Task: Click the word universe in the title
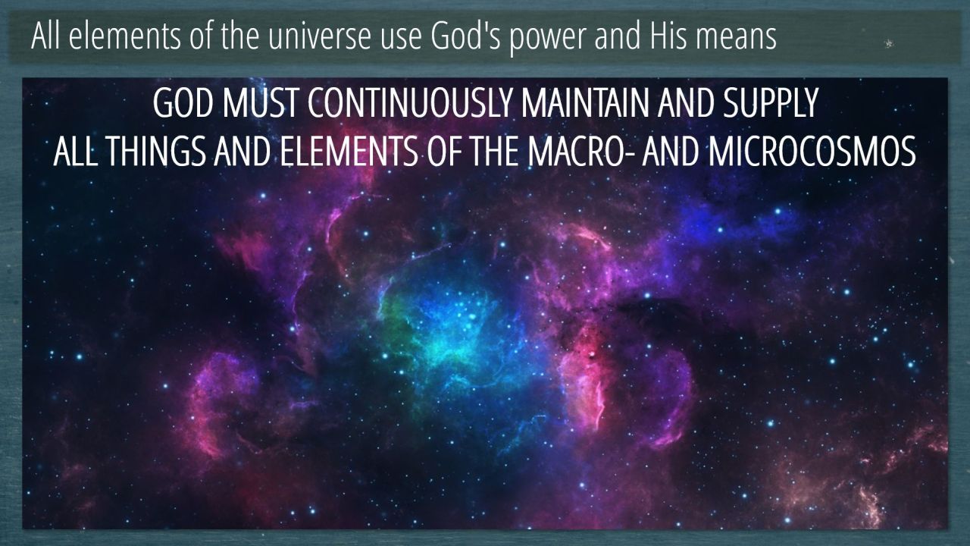pyautogui.click(x=320, y=36)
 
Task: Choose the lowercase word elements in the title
pyautogui.click(x=125, y=36)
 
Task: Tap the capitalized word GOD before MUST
pyautogui.click(x=183, y=103)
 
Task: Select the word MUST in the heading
pyautogui.click(x=260, y=103)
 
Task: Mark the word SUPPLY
pyautogui.click(x=770, y=103)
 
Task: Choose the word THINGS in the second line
pyautogui.click(x=155, y=152)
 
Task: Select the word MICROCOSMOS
pyautogui.click(x=812, y=152)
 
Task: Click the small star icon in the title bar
pyautogui.click(x=889, y=43)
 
